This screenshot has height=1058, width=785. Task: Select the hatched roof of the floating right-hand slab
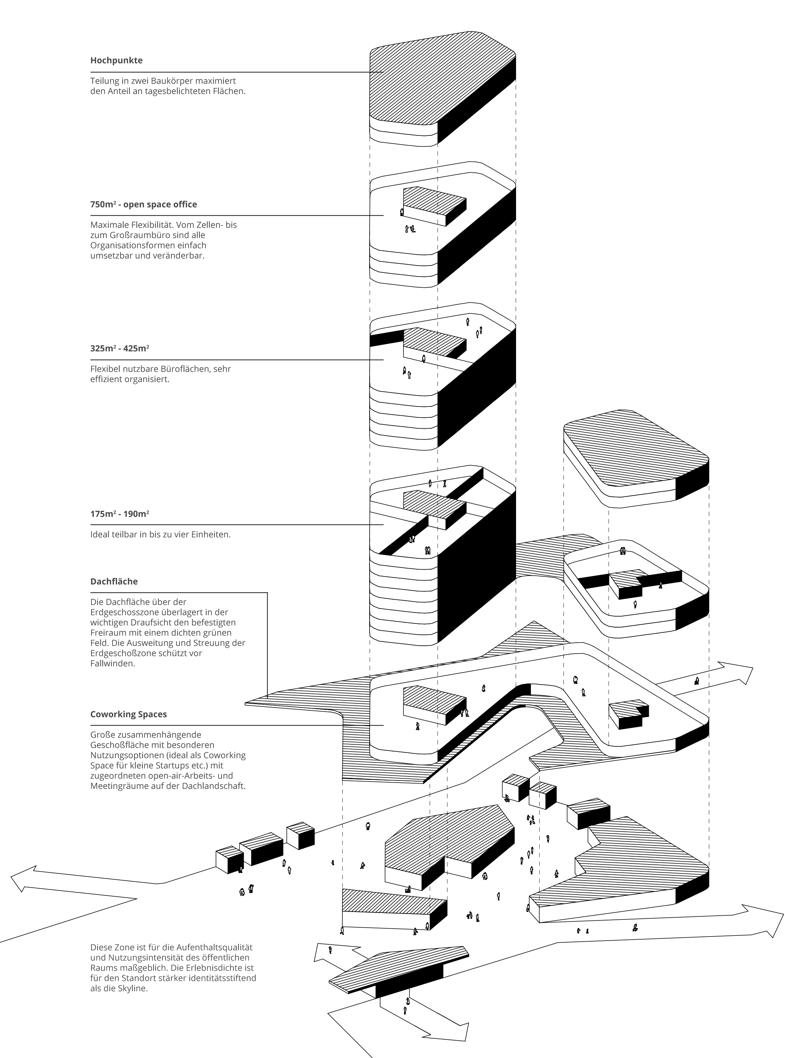[x=637, y=451]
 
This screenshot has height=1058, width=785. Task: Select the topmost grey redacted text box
[x=165, y=76]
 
